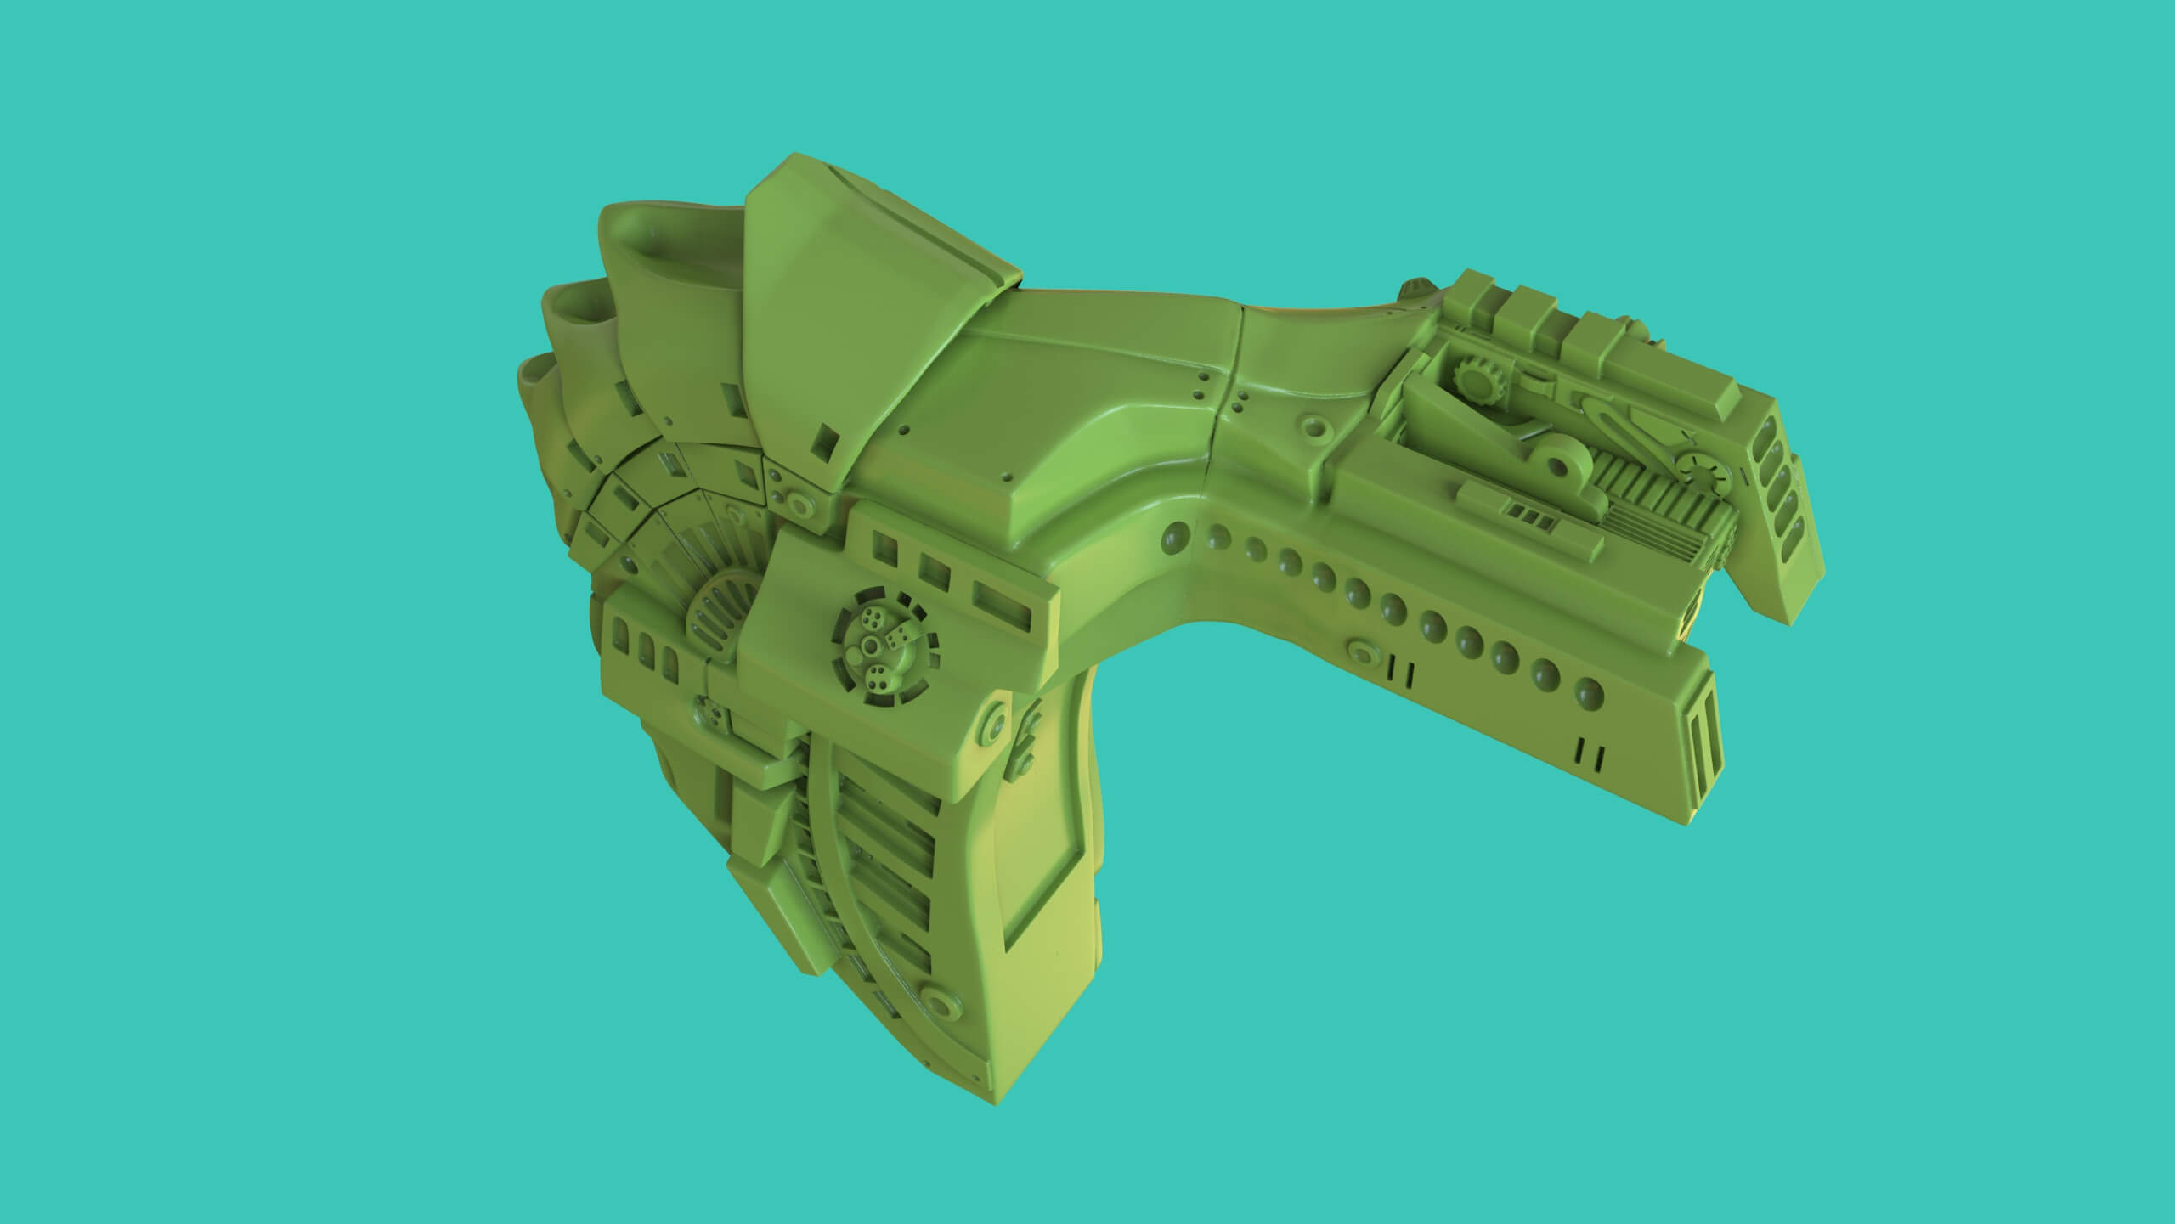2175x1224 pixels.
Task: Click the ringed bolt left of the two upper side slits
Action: point(1364,652)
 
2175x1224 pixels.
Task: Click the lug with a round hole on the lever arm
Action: point(1557,466)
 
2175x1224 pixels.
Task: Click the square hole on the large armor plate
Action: point(822,442)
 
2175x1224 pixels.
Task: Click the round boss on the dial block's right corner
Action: point(992,729)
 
